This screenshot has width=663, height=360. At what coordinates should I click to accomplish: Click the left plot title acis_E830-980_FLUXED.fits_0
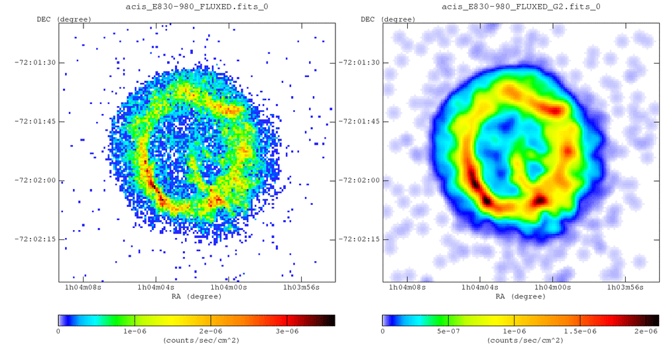tap(197, 7)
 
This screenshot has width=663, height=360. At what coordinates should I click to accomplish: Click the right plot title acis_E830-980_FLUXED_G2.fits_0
tap(521, 7)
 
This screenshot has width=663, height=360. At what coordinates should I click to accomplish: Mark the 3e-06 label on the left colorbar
tap(286, 330)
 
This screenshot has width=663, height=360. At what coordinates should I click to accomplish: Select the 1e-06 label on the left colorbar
tap(135, 330)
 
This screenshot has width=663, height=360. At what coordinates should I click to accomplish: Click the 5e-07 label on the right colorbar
tap(448, 330)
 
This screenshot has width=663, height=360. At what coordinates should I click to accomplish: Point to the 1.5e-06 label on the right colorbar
tap(579, 330)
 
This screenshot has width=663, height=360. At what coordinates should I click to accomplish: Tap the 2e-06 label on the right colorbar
tap(645, 330)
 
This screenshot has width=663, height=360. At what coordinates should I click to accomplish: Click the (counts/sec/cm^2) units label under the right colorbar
tap(521, 339)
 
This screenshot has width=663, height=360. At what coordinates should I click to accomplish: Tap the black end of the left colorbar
tap(330, 320)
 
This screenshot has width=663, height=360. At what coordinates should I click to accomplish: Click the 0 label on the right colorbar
tap(383, 330)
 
